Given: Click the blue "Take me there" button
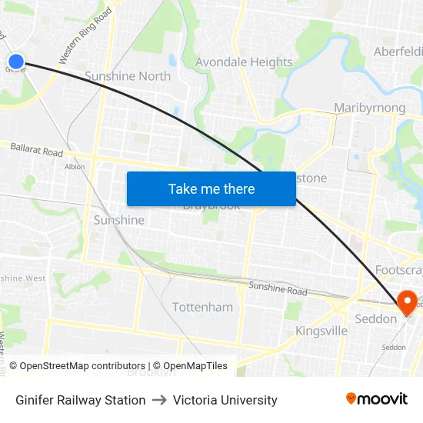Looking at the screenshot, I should (x=211, y=188).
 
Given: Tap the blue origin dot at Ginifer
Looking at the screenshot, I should (x=15, y=61).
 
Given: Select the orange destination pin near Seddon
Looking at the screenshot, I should (x=406, y=301).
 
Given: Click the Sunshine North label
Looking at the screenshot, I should (x=128, y=76).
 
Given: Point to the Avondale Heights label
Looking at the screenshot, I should (x=244, y=62).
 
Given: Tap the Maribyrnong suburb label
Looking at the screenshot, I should (x=370, y=108).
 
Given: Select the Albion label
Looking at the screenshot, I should (x=75, y=167).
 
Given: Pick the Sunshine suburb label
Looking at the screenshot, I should (x=118, y=220).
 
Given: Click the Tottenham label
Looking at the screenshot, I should (x=202, y=307).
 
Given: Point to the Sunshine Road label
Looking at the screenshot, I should (x=277, y=289).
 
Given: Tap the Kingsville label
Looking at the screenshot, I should (x=321, y=331).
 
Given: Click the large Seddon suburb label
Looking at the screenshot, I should (x=376, y=319).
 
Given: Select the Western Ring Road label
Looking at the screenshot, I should (x=85, y=36).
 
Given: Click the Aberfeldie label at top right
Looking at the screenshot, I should (x=398, y=52).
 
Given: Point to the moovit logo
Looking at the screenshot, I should (x=377, y=399).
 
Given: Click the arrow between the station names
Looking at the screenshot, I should (x=159, y=400).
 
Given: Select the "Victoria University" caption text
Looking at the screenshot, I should (x=225, y=400).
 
